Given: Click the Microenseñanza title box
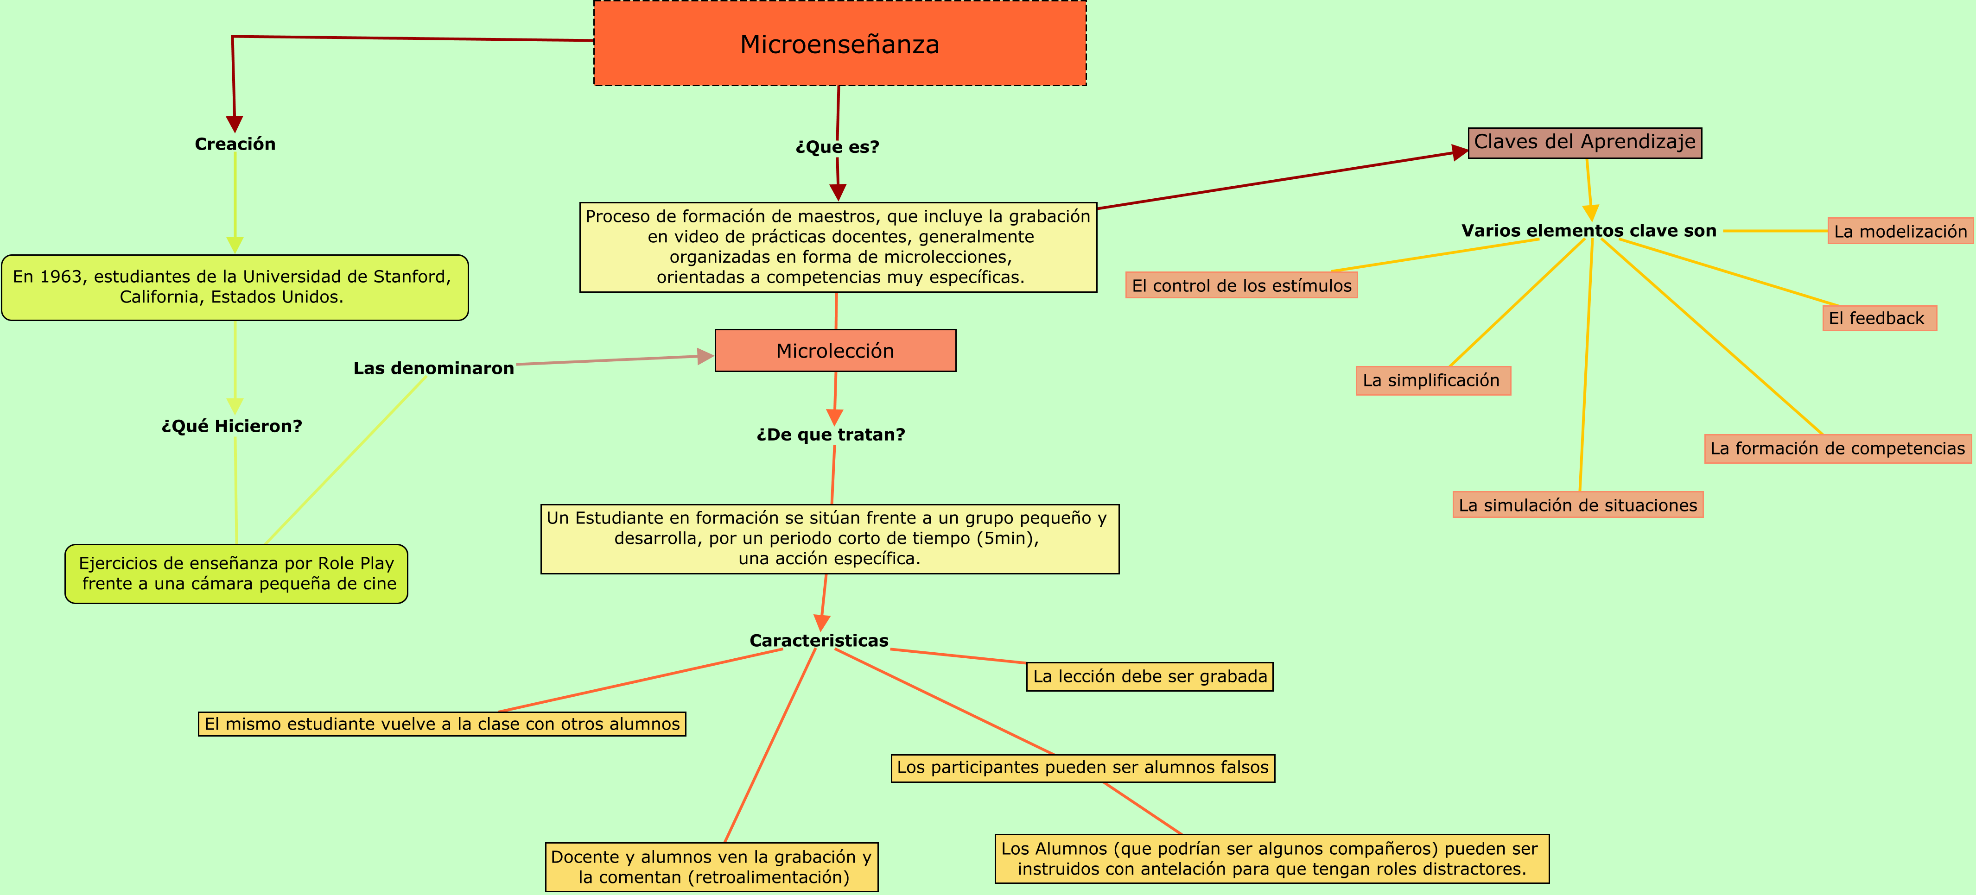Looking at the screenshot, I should (839, 44).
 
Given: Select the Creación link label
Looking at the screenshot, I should (235, 144).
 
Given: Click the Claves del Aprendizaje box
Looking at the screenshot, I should (1584, 143).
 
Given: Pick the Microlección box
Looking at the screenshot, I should (835, 351).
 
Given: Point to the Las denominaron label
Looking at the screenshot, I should (433, 368).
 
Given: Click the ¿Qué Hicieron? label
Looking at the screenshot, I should (232, 426).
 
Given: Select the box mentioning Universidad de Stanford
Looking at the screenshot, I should (234, 287).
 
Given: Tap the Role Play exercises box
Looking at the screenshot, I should (236, 574).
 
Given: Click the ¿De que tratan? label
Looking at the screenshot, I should (831, 435).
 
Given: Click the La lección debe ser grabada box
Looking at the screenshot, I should (1149, 676).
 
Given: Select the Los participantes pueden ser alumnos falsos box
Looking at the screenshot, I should (1082, 768).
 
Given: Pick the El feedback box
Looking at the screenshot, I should (1879, 318).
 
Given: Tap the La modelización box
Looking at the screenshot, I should (1900, 232).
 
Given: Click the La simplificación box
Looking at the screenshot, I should (1432, 380).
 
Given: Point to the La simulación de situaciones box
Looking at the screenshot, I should (1577, 505).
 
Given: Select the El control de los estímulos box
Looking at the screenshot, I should (1241, 286).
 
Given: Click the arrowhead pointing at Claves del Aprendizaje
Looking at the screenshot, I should (1459, 152).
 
